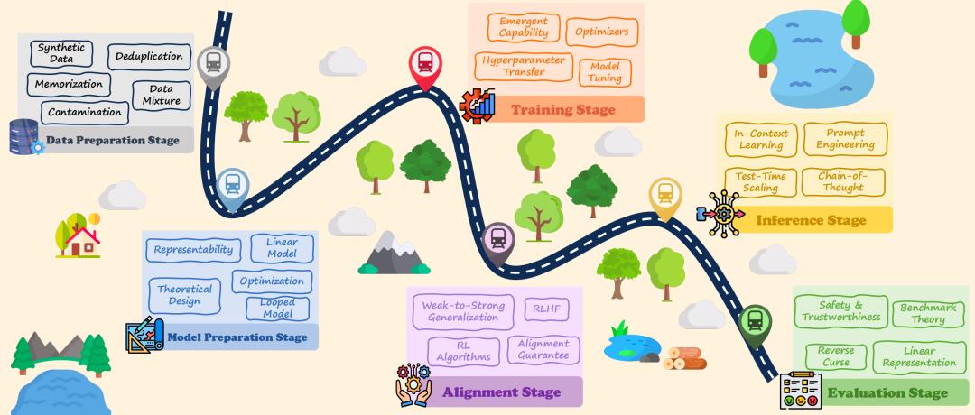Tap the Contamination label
84,113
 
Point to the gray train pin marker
213,63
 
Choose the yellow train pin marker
664,194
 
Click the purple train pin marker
497,240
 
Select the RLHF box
546,310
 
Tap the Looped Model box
277,309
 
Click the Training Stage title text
562,110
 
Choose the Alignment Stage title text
501,392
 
